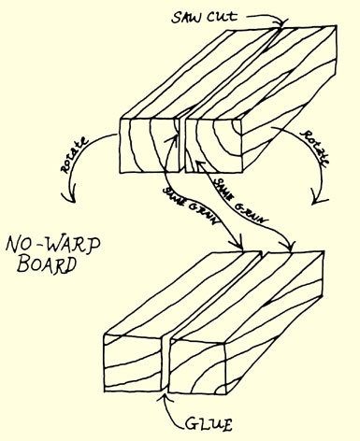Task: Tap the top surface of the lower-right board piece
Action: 251,295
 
